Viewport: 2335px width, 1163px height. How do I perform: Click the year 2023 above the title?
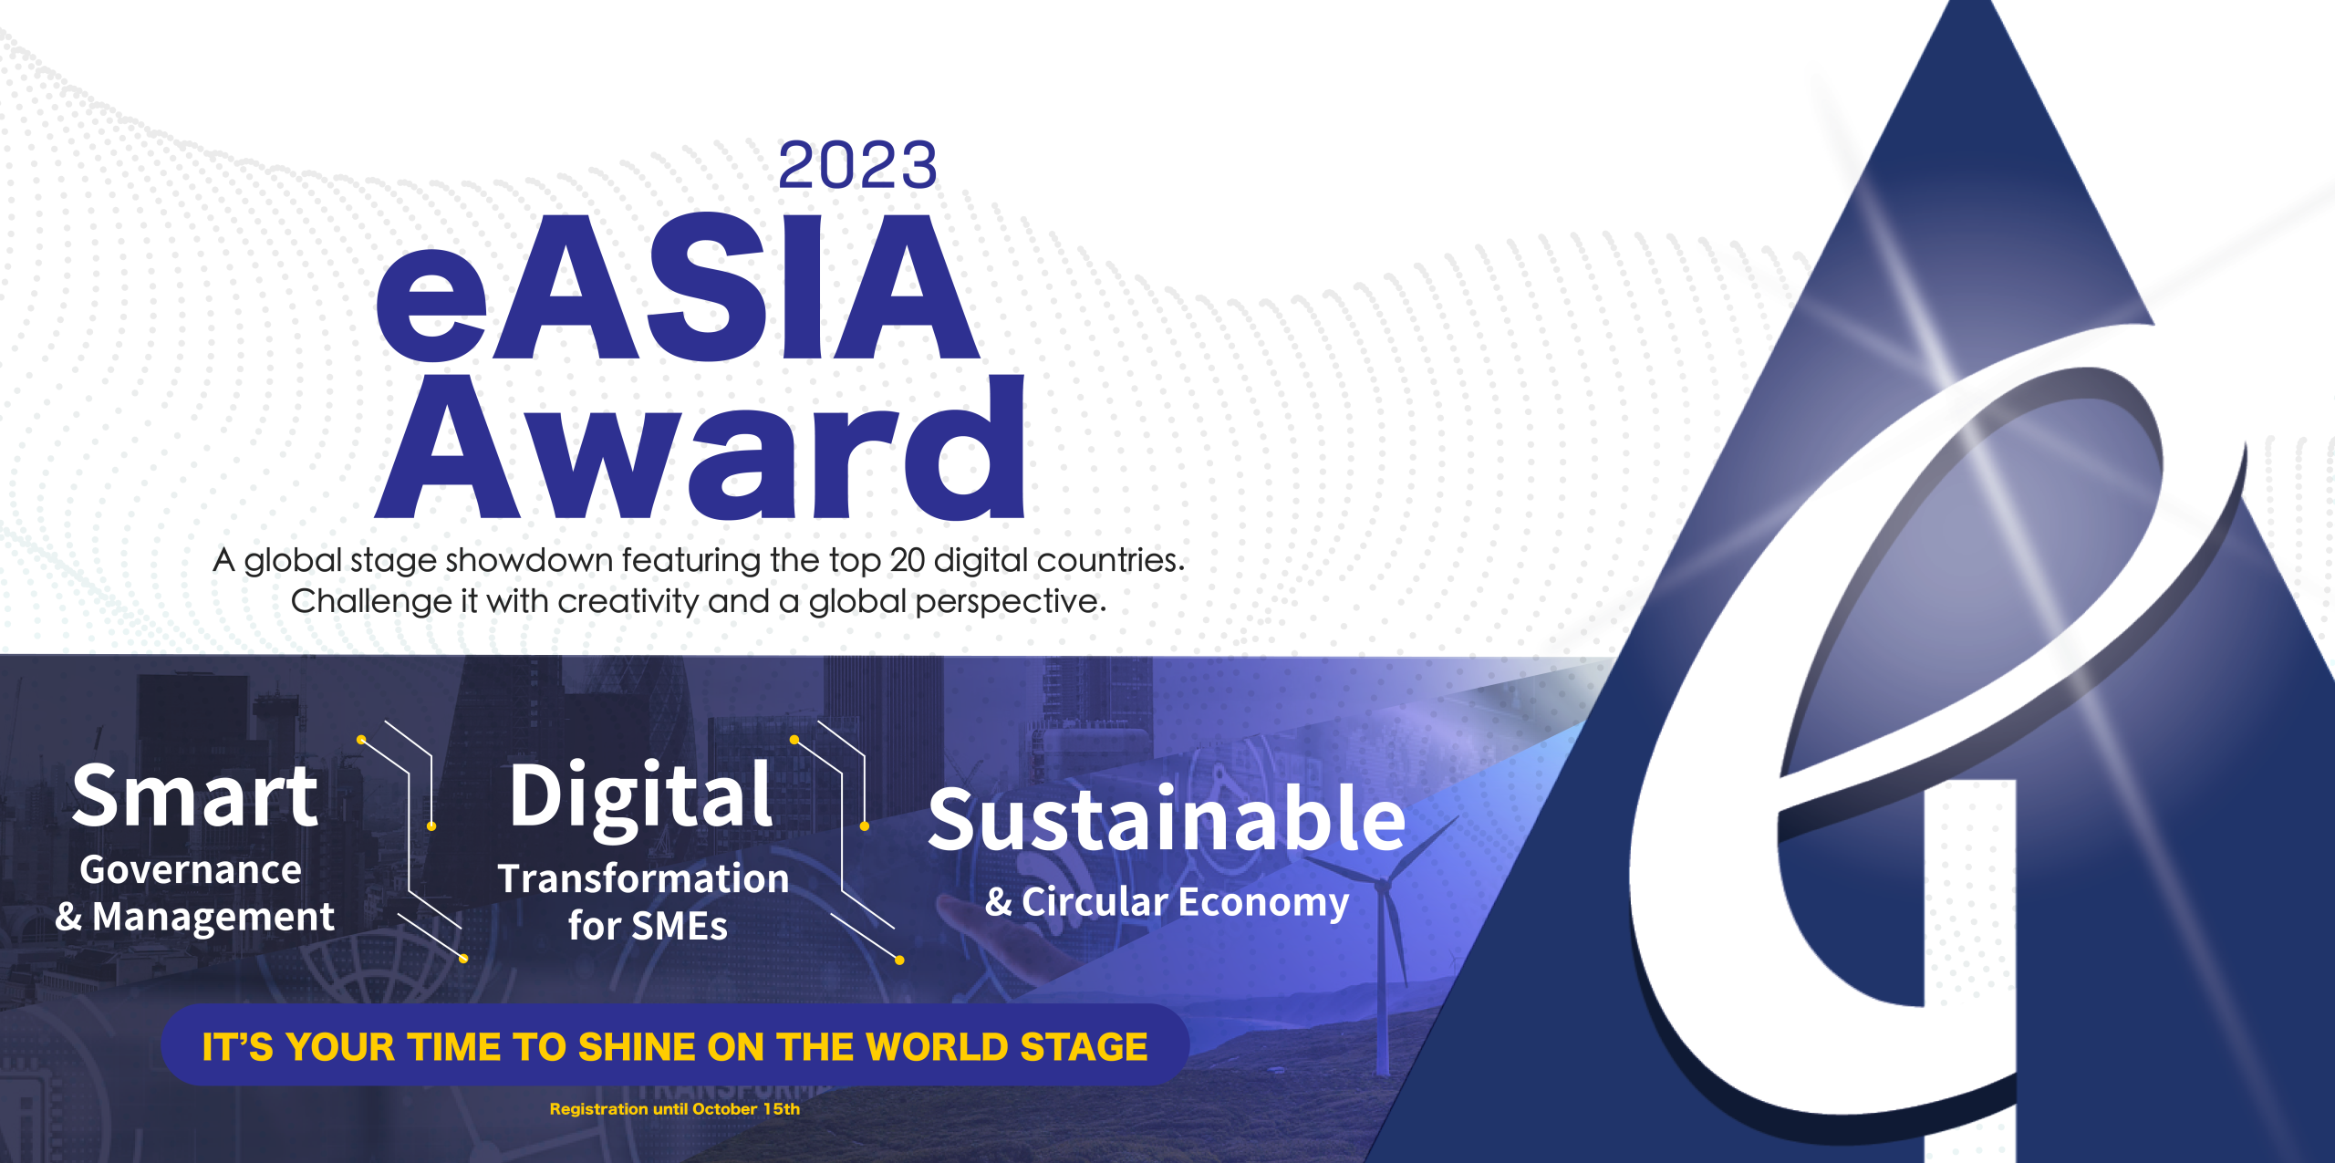click(x=857, y=165)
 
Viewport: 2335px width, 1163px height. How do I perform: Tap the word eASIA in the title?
click(x=678, y=288)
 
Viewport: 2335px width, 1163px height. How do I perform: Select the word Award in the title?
click(x=701, y=447)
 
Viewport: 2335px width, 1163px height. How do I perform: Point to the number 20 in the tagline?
click(x=907, y=560)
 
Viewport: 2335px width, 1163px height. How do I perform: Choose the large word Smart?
click(x=195, y=796)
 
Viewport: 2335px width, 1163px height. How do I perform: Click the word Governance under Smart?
click(x=191, y=870)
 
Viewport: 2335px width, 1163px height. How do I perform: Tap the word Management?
click(x=213, y=918)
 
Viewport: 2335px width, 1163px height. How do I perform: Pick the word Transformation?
click(x=644, y=879)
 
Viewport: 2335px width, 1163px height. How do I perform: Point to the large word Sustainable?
click(x=1167, y=819)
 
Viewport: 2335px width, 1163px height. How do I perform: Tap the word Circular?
click(x=1095, y=902)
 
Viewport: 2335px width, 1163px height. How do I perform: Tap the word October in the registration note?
click(x=725, y=1109)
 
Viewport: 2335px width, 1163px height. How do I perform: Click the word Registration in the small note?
click(x=598, y=1109)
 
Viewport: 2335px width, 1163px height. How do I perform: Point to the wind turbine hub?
click(x=1383, y=885)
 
